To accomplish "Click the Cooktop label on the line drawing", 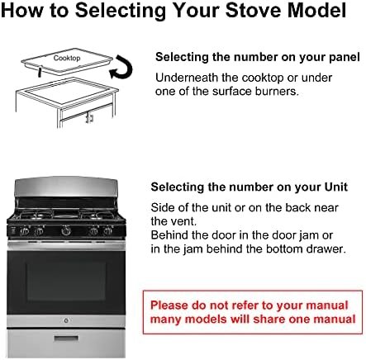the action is [x=67, y=58].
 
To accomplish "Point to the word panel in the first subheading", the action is [x=345, y=58].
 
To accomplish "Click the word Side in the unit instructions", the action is [x=163, y=207].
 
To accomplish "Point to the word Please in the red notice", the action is [x=169, y=306].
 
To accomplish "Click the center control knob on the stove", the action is [x=66, y=231].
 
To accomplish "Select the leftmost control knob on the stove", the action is [x=25, y=230].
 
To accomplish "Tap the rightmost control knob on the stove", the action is [x=107, y=230].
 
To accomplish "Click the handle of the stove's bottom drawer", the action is [x=66, y=339].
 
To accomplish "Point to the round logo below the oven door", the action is [x=66, y=320].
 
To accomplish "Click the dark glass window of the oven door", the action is [x=66, y=281].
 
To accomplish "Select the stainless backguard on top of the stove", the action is [x=66, y=187].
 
